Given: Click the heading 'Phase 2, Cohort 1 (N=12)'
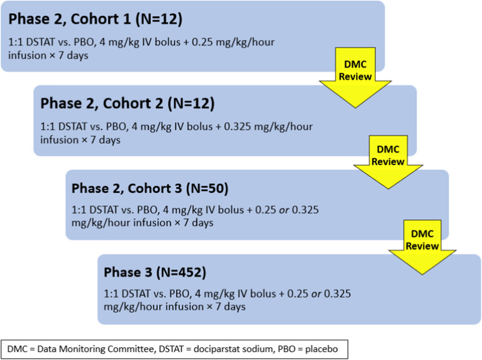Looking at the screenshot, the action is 96,19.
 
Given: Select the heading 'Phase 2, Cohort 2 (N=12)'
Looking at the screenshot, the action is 127,103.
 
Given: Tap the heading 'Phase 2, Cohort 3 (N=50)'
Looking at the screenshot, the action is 150,188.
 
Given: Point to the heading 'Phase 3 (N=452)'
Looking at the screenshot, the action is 155,272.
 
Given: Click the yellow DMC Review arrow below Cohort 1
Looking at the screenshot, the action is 356,77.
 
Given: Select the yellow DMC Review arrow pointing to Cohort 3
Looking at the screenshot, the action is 388,162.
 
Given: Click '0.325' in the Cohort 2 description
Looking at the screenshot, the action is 237,126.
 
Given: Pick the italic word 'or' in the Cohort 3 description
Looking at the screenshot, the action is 284,210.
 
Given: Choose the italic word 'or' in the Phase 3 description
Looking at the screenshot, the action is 316,294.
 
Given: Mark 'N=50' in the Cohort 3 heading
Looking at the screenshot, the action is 207,188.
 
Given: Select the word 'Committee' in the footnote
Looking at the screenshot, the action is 131,349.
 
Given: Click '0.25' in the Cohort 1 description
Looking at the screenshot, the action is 202,42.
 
